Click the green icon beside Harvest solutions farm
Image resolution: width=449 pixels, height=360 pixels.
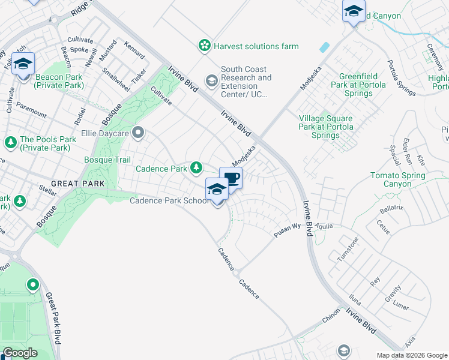205,46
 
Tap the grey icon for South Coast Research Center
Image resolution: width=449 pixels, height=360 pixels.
211,80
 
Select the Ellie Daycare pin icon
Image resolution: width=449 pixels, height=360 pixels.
139,132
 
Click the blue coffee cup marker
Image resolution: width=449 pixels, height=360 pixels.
231,178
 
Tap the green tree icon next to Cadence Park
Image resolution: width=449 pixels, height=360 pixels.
196,168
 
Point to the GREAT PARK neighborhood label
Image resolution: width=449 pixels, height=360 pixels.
77,184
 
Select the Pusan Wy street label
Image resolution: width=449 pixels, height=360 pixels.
287,231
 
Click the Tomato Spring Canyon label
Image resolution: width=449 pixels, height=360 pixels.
397,179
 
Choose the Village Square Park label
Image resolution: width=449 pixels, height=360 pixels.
327,127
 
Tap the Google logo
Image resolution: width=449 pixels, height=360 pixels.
20,353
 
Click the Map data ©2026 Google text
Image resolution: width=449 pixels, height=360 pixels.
411,355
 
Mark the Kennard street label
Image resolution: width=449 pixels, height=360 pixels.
134,50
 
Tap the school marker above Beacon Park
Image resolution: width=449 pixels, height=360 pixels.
23,64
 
